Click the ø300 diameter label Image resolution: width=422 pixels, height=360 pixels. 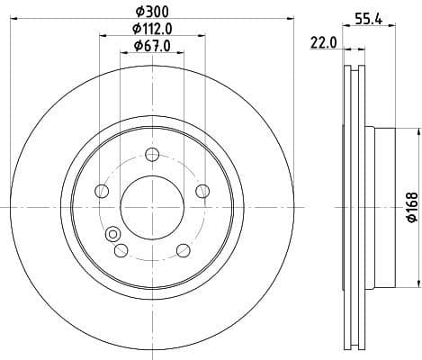coord(150,10)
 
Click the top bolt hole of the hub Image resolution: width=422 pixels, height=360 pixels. coord(151,152)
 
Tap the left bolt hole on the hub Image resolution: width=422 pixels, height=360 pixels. coord(101,191)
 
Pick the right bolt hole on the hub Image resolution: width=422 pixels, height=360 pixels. coord(202,190)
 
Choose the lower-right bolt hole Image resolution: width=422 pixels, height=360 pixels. coord(183,249)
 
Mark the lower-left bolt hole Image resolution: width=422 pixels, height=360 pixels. coord(121,249)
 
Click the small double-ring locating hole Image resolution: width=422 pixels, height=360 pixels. coord(113,235)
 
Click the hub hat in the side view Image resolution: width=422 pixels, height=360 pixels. coord(382,206)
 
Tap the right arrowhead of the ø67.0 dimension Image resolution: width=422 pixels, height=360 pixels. coord(183,53)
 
